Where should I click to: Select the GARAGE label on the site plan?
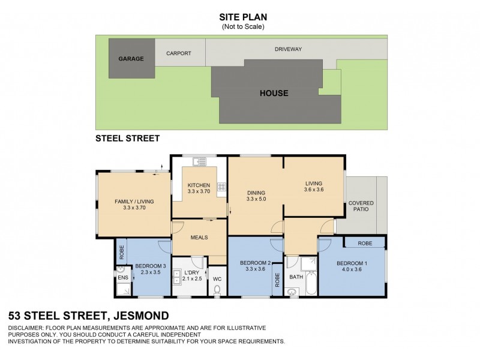tap(130, 59)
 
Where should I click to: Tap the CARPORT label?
tap(178, 53)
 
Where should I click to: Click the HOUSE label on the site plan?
tap(274, 93)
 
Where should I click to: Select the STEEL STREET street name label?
tap(128, 139)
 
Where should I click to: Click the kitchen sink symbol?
tap(199, 161)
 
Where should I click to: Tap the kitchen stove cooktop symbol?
tap(221, 188)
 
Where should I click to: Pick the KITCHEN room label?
tap(199, 185)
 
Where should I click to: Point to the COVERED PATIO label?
tap(361, 207)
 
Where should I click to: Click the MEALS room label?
tap(199, 238)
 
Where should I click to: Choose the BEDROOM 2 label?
tap(256, 263)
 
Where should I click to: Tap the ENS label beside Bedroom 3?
tap(122, 278)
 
